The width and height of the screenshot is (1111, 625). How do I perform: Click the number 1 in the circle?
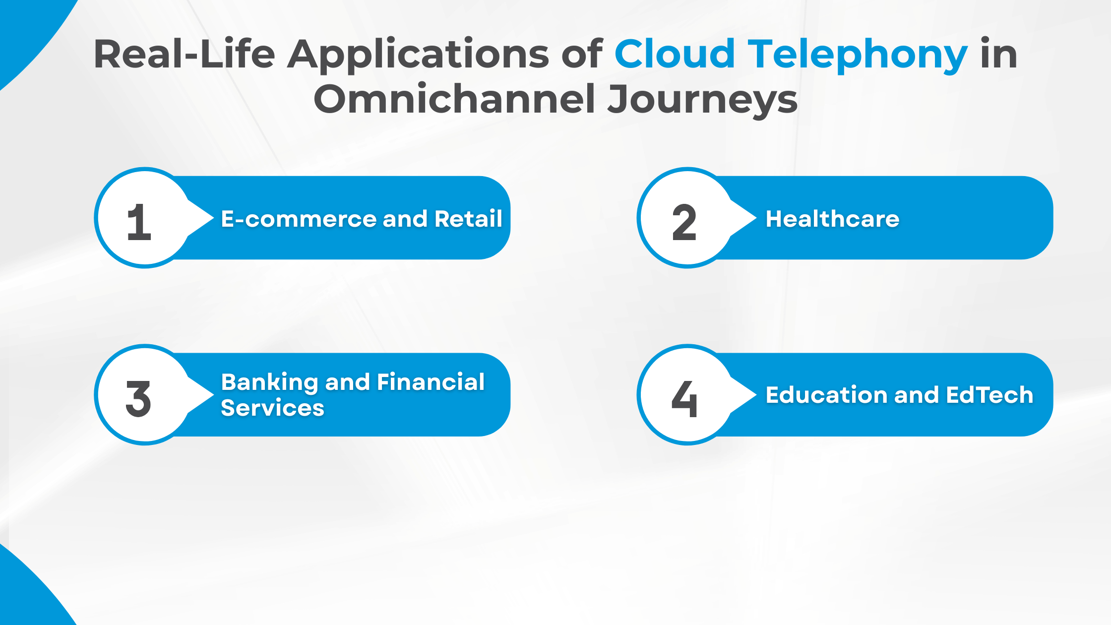(x=139, y=223)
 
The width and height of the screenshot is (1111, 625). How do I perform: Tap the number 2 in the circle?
(x=684, y=223)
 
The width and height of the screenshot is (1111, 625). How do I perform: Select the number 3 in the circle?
(x=138, y=399)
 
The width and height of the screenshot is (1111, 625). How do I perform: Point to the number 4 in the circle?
(x=684, y=399)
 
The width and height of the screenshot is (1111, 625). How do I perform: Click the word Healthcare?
(x=832, y=219)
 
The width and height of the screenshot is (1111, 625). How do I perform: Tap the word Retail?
(x=468, y=219)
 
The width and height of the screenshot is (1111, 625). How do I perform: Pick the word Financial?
(x=431, y=382)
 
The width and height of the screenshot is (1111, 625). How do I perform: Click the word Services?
(x=272, y=408)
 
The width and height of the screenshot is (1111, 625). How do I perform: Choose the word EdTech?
(x=989, y=395)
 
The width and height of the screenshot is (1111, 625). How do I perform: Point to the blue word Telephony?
(x=858, y=55)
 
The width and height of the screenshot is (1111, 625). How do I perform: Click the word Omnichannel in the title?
(x=454, y=99)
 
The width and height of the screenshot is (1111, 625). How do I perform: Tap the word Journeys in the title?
(x=703, y=100)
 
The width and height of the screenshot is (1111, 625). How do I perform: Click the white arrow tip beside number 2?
(x=751, y=218)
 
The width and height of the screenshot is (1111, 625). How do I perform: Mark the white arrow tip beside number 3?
(x=209, y=395)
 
